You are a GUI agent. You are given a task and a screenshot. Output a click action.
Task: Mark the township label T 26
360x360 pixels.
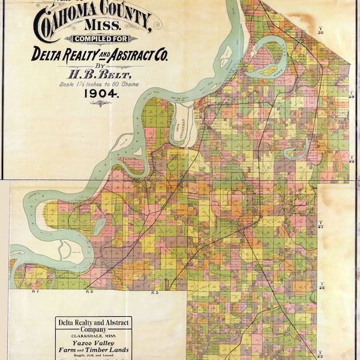(322, 287)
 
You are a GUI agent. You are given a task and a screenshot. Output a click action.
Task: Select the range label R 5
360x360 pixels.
(154, 293)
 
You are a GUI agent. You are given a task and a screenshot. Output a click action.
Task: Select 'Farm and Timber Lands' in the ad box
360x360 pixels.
(89, 350)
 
